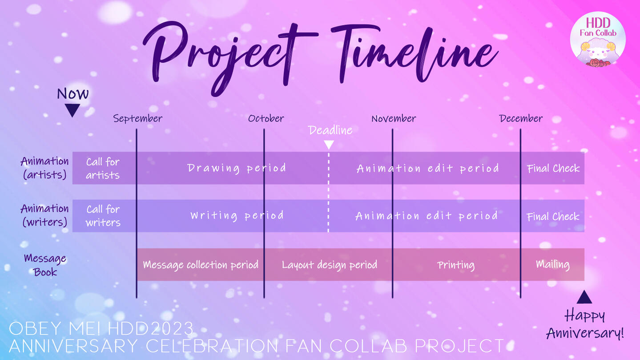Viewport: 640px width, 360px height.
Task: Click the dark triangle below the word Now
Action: (x=72, y=110)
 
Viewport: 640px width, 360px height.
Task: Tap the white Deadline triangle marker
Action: (x=329, y=144)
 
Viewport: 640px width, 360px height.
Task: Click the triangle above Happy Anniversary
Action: (x=584, y=297)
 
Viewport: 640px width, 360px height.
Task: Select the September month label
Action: (x=138, y=118)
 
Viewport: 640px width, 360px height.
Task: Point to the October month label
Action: (x=266, y=118)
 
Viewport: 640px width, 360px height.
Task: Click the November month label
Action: (x=394, y=118)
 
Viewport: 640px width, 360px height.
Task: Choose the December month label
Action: (x=521, y=118)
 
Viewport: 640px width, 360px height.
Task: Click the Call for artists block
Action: (x=104, y=168)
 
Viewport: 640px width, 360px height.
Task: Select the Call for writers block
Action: (x=104, y=216)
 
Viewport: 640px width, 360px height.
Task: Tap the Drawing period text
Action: (x=237, y=168)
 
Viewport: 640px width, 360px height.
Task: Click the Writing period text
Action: (x=237, y=216)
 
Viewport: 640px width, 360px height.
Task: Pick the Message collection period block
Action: (x=201, y=264)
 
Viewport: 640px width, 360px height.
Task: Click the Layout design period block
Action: (x=328, y=264)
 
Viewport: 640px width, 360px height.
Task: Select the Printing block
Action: (x=456, y=264)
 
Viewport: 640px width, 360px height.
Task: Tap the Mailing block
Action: (x=552, y=264)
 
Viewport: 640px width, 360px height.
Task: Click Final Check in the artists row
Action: (x=553, y=168)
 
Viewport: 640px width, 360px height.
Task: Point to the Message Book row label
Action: (x=45, y=265)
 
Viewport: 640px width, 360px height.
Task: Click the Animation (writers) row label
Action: (x=44, y=215)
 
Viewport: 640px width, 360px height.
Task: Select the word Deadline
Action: (x=330, y=130)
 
